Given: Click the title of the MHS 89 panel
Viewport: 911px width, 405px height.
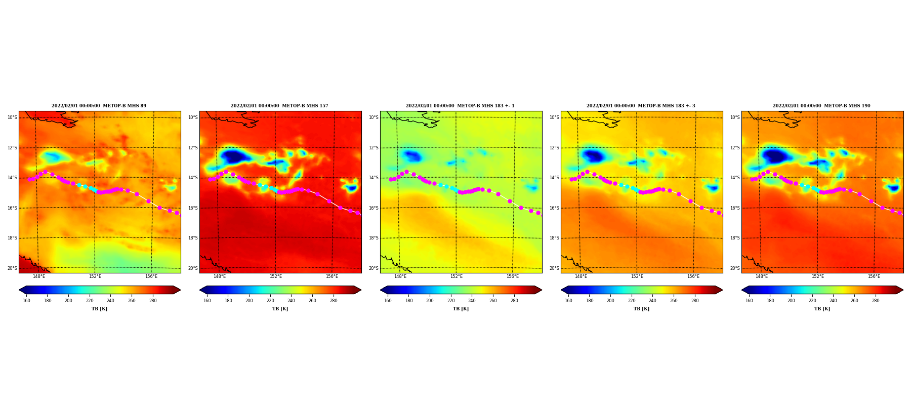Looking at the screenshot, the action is click(99, 106).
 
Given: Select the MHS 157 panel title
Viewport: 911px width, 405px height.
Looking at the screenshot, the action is click(279, 106).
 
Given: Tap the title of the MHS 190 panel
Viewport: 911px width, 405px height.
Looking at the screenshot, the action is click(821, 106).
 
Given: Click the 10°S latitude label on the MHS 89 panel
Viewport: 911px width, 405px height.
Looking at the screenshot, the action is click(12, 117).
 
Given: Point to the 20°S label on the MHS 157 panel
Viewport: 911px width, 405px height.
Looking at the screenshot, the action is click(193, 268).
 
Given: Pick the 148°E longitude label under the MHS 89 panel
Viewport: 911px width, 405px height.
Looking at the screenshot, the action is click(39, 276).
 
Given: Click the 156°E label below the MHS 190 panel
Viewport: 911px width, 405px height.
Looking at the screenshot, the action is click(874, 276).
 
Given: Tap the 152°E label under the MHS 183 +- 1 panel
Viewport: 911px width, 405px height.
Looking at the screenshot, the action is click(457, 276).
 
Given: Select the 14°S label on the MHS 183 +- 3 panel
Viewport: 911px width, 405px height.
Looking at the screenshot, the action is click(554, 178).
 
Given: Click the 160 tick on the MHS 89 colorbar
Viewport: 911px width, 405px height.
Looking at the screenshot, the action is click(26, 301).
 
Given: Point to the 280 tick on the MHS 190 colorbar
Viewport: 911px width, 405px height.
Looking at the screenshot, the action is click(876, 301).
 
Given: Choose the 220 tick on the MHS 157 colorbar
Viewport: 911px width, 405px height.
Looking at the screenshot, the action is click(270, 301).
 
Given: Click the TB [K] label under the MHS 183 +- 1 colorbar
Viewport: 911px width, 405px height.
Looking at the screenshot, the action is click(461, 309).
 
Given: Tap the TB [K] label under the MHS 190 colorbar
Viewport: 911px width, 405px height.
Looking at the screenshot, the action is click(822, 309).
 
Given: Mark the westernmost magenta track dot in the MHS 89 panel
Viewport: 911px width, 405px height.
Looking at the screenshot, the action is click(29, 179).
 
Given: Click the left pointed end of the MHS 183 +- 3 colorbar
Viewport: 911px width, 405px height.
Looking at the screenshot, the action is click(561, 290).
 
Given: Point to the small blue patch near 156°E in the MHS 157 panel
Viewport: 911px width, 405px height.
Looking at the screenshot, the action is click(351, 188).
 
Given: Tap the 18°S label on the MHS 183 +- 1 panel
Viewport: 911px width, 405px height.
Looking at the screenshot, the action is click(374, 238).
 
